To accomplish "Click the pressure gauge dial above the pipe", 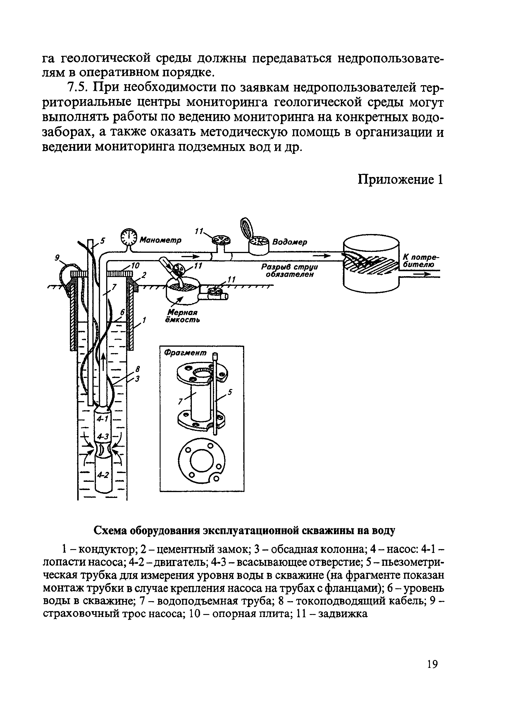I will point(128,237).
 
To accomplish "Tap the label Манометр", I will point(161,240).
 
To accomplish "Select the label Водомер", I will point(290,242).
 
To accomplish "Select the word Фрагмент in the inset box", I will point(185,353).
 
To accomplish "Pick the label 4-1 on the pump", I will point(102,419).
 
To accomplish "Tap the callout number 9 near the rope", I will point(57,258).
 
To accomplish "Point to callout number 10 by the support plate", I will point(135,266).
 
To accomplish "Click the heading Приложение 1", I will point(400,180).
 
